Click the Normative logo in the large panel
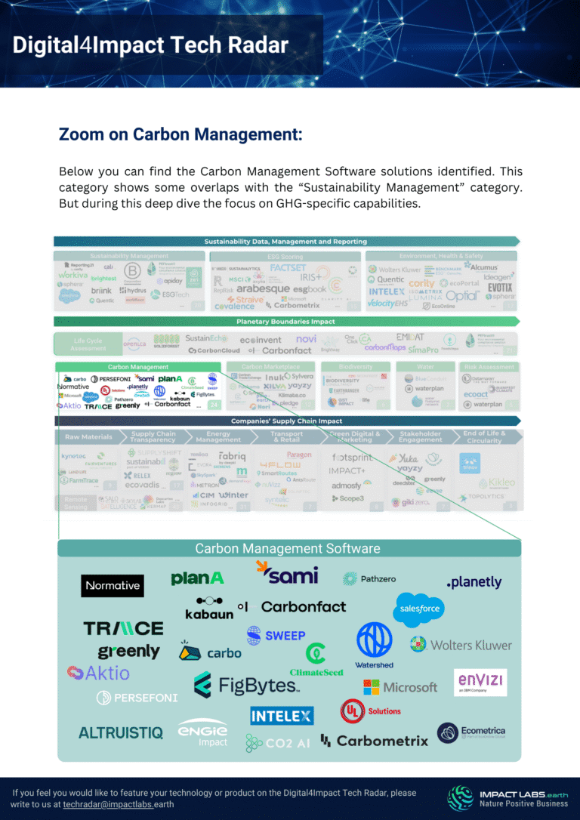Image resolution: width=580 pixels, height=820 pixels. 113,585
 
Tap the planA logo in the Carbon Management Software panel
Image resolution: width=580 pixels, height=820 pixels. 197,578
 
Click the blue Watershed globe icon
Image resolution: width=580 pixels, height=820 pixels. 374,640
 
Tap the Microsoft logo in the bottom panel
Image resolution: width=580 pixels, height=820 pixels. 400,687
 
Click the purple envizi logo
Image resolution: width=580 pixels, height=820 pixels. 480,682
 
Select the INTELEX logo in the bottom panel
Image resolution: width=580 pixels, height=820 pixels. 282,714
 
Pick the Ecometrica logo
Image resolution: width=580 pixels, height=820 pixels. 471,732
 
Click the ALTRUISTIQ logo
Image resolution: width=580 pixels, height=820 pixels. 121,732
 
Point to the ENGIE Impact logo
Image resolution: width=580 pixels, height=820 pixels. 202,733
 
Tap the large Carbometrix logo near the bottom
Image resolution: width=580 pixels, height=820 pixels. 374,741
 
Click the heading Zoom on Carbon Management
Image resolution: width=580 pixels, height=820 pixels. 180,134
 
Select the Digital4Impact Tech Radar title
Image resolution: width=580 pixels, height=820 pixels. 150,45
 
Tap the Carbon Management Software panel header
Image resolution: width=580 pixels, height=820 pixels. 288,548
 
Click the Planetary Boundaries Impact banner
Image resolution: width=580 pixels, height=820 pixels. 285,322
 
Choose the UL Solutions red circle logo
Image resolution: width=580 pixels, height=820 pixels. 352,711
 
